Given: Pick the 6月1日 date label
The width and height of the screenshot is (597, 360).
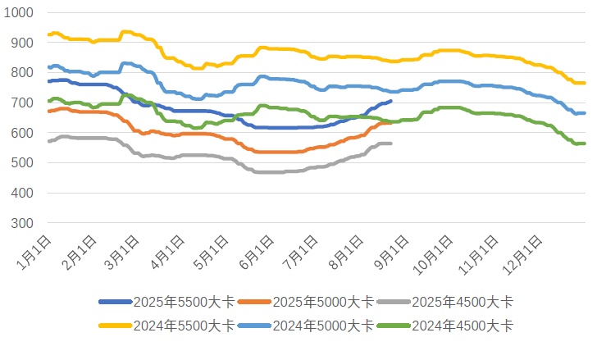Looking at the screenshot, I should coord(257,249).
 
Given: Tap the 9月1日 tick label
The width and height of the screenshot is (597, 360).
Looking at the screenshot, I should coord(390,249).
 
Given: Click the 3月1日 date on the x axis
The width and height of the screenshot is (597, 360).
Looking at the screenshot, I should coord(123,249).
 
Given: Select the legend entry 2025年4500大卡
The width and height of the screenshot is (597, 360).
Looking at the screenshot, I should coord(452,302).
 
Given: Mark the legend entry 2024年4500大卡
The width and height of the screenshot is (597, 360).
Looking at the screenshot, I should coord(452,326).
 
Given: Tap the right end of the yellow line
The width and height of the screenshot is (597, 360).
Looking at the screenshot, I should coord(583,83).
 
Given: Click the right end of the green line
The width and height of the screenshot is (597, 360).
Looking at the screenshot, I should coord(583,144).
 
